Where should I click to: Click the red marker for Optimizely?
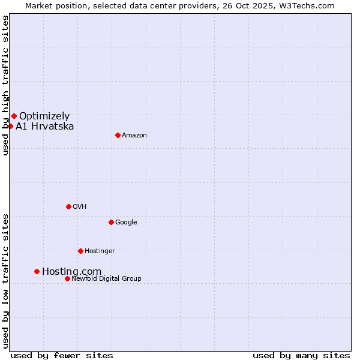[x=14, y=116]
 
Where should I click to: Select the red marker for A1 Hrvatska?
[x=10, y=126]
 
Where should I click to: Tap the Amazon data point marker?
[x=118, y=135]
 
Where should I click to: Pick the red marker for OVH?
[x=68, y=206]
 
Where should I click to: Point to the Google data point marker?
[x=111, y=222]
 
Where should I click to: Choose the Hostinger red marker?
[x=80, y=251]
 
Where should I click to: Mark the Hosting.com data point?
[x=37, y=271]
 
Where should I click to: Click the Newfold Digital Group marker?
[x=67, y=278]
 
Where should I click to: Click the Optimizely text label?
[x=44, y=116]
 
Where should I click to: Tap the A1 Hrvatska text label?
[x=45, y=127]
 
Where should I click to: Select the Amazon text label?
[x=134, y=136]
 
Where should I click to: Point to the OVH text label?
[x=80, y=207]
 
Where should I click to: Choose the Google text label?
[x=126, y=223]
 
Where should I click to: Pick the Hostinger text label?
[x=100, y=251]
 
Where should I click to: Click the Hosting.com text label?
[x=71, y=272]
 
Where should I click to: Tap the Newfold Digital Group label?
[x=106, y=279]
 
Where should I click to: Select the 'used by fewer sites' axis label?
[x=62, y=355]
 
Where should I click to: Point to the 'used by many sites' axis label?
[x=301, y=355]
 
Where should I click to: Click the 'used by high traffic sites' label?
[x=5, y=85]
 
